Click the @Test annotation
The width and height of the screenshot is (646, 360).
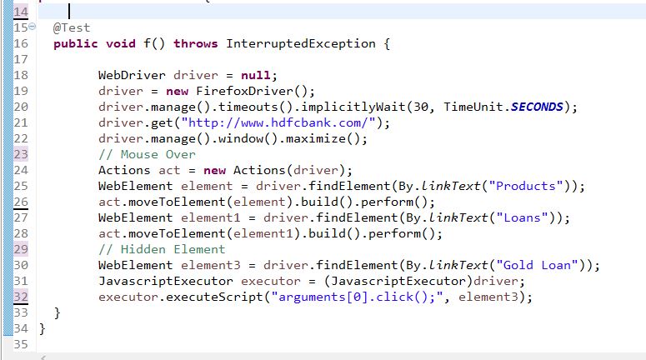(x=72, y=27)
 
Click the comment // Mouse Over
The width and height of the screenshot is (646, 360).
(x=147, y=154)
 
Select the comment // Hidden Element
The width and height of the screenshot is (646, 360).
(x=162, y=249)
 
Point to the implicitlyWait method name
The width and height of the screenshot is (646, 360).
(x=367, y=107)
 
